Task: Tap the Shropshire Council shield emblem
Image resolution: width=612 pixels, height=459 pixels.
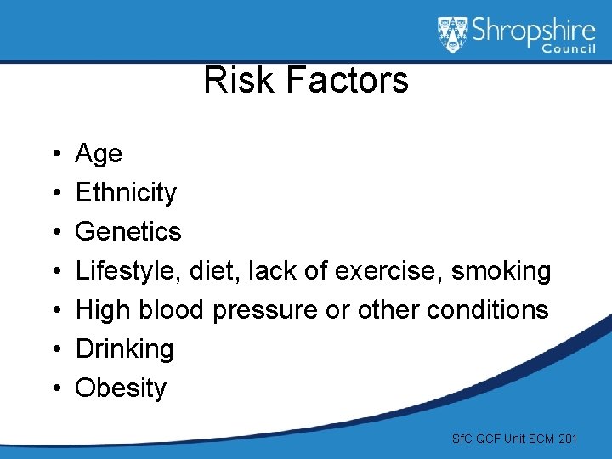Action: pyautogui.click(x=452, y=35)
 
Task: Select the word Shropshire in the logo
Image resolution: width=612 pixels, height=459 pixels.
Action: pyautogui.click(x=532, y=32)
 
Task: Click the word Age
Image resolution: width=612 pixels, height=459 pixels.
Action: pyautogui.click(x=99, y=155)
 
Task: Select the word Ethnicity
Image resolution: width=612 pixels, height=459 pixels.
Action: pyautogui.click(x=126, y=193)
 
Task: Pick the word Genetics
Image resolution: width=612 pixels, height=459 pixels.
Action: pyautogui.click(x=128, y=231)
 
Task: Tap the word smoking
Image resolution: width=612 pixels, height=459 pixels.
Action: pyautogui.click(x=501, y=271)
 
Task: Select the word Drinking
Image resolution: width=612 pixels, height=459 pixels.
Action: pyautogui.click(x=124, y=348)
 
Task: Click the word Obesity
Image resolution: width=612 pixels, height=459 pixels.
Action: pyautogui.click(x=121, y=388)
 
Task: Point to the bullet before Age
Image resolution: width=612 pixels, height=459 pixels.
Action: pyautogui.click(x=54, y=155)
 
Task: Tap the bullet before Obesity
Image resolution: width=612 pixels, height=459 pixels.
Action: pyautogui.click(x=54, y=388)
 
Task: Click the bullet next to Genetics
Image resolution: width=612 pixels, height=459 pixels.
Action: pyautogui.click(x=54, y=232)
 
